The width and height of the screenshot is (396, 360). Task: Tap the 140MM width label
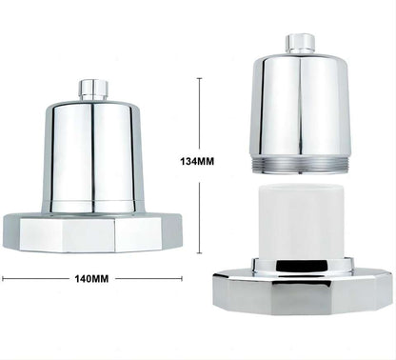[92, 279]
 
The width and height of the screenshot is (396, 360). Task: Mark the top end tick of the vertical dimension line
[198, 78]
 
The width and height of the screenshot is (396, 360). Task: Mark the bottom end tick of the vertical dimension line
[198, 253]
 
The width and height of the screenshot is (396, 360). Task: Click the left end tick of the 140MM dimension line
[3, 279]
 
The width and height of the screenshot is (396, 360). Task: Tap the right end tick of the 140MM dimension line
[181, 279]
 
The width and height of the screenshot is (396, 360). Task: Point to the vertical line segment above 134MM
[198, 114]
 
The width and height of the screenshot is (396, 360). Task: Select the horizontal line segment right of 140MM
[148, 279]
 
